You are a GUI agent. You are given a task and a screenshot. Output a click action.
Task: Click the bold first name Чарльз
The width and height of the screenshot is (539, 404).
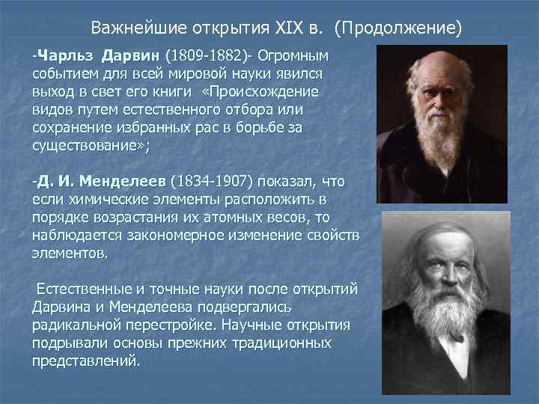point(67,57)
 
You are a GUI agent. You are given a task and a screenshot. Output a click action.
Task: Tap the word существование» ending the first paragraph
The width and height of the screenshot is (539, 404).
point(91,147)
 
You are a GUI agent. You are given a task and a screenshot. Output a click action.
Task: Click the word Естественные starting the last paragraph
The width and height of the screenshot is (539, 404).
point(82,289)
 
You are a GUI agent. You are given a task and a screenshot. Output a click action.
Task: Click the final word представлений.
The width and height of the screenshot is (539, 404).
point(85,360)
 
